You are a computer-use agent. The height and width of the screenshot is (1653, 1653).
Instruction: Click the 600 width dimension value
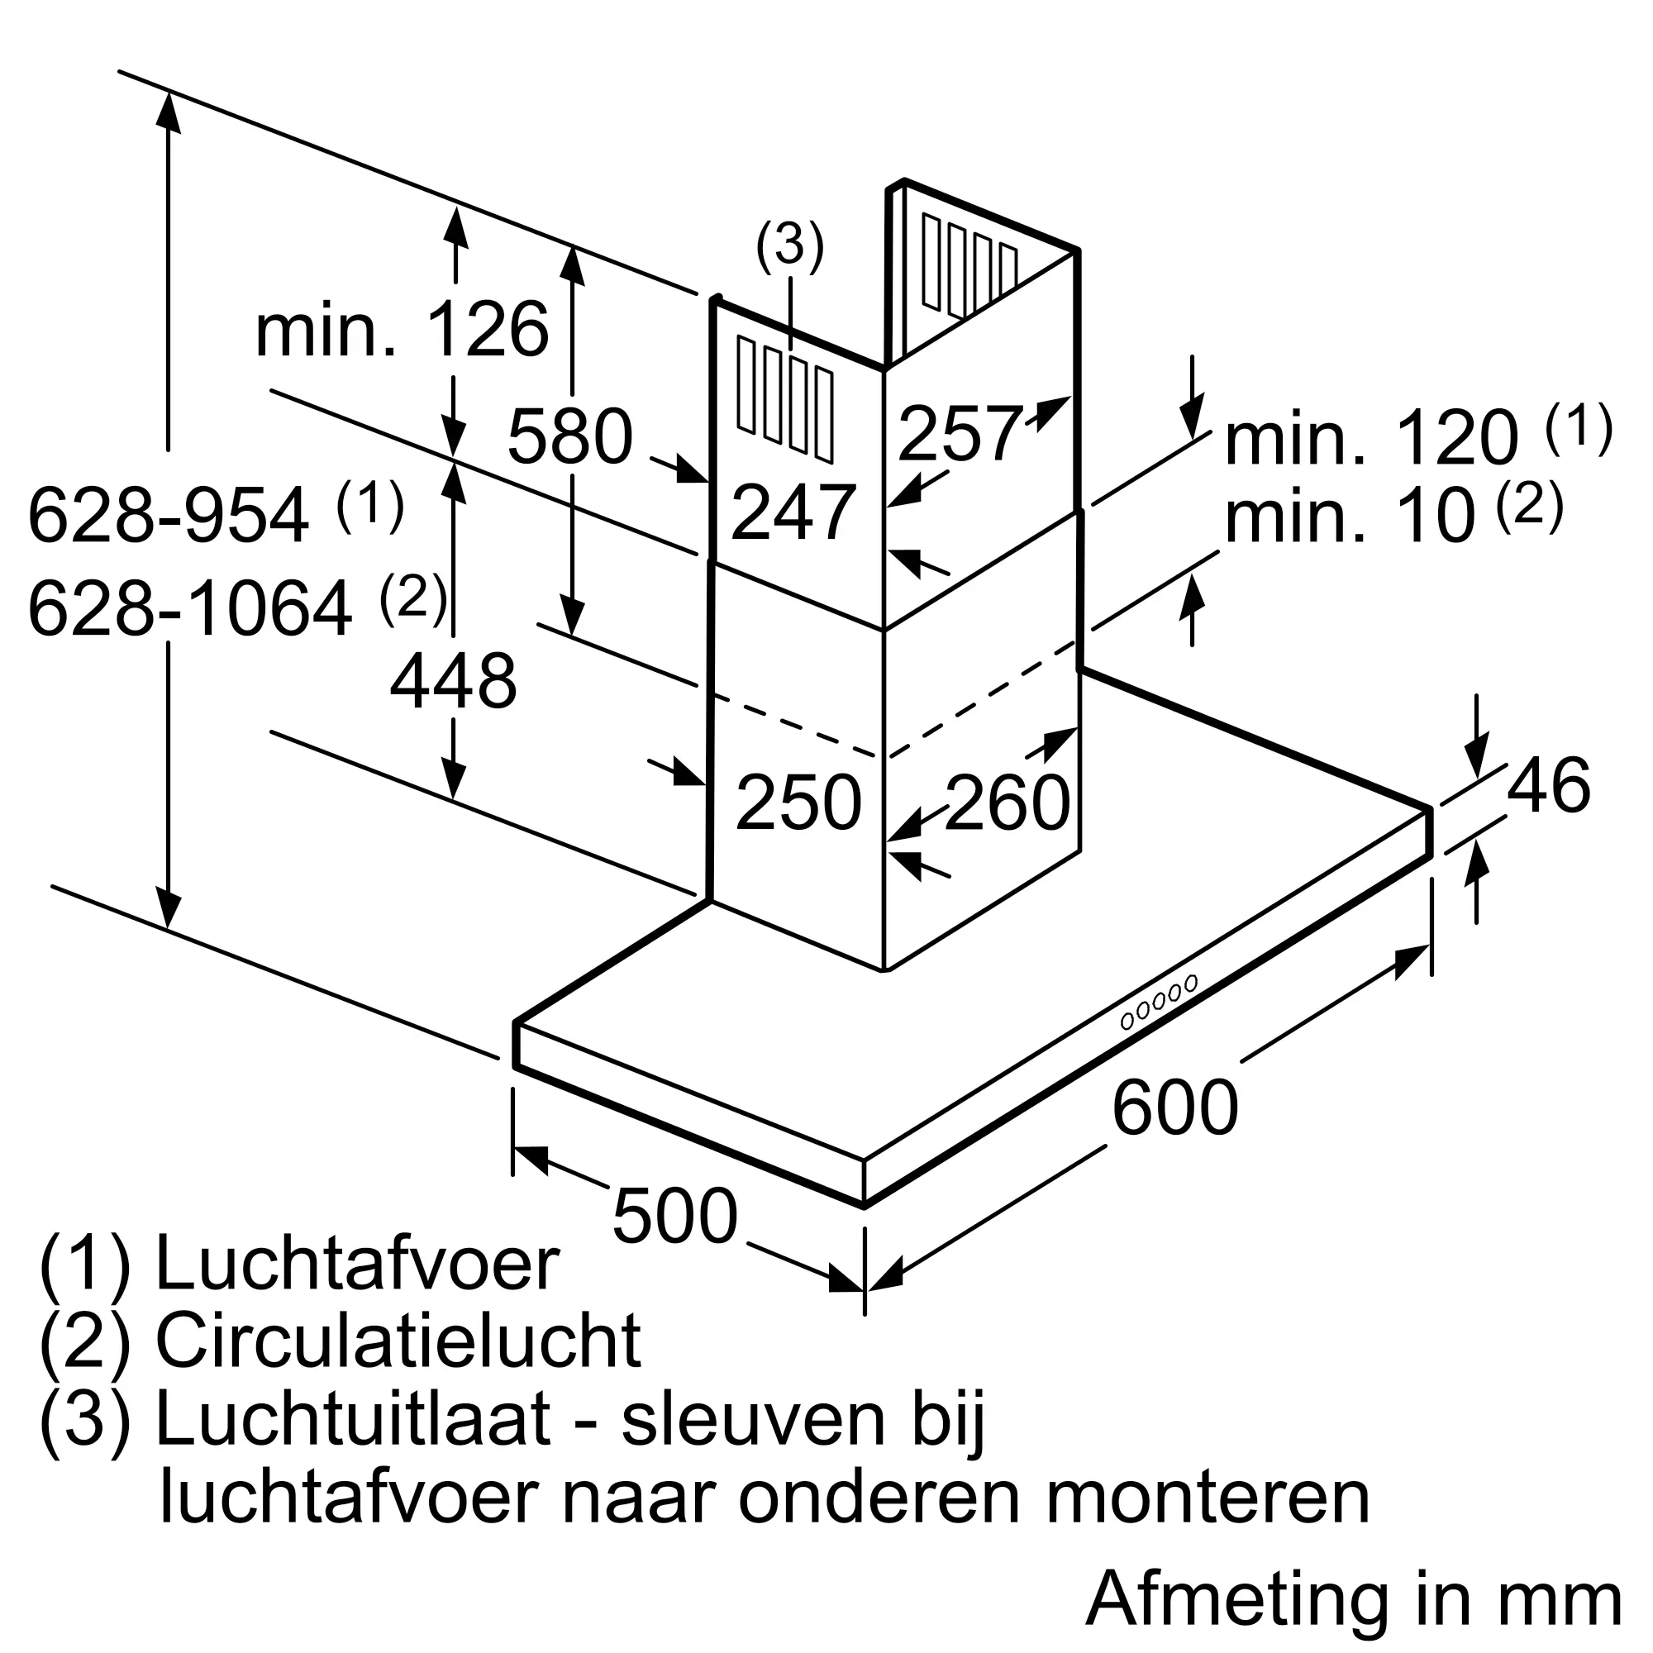tap(1174, 1108)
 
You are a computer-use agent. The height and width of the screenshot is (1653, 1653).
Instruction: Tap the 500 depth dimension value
tap(674, 1216)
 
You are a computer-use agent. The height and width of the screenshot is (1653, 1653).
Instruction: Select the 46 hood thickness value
tap(1548, 784)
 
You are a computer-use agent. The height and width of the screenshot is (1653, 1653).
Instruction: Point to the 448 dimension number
tap(453, 681)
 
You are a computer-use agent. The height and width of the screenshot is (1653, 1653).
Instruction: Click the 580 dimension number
tap(569, 436)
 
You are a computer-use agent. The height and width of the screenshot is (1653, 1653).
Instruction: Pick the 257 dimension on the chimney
tap(960, 434)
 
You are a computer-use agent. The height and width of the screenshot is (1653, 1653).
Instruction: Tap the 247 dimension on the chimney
tap(793, 512)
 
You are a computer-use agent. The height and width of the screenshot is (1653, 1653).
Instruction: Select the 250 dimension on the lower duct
tap(798, 803)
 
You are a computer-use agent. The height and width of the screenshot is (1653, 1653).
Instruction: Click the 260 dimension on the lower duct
tap(1007, 803)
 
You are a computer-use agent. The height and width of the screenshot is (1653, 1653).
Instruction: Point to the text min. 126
tap(402, 331)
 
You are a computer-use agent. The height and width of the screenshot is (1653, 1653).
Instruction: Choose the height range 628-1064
tap(190, 608)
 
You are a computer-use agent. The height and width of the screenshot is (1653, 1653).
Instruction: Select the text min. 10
tap(1351, 517)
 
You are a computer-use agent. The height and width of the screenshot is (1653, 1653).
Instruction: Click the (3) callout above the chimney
tap(788, 246)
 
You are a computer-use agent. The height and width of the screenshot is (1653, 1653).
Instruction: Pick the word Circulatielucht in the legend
tap(398, 1341)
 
